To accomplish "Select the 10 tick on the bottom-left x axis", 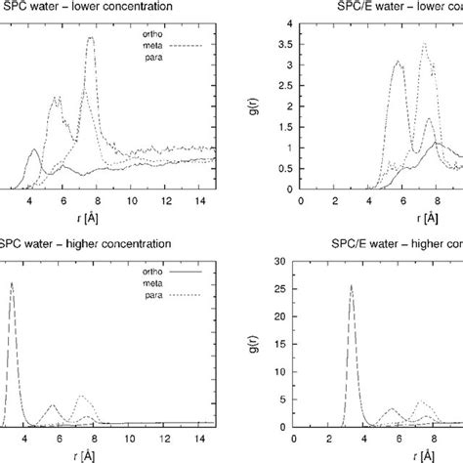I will [x=116, y=438].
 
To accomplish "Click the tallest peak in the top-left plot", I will [x=91, y=39].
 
